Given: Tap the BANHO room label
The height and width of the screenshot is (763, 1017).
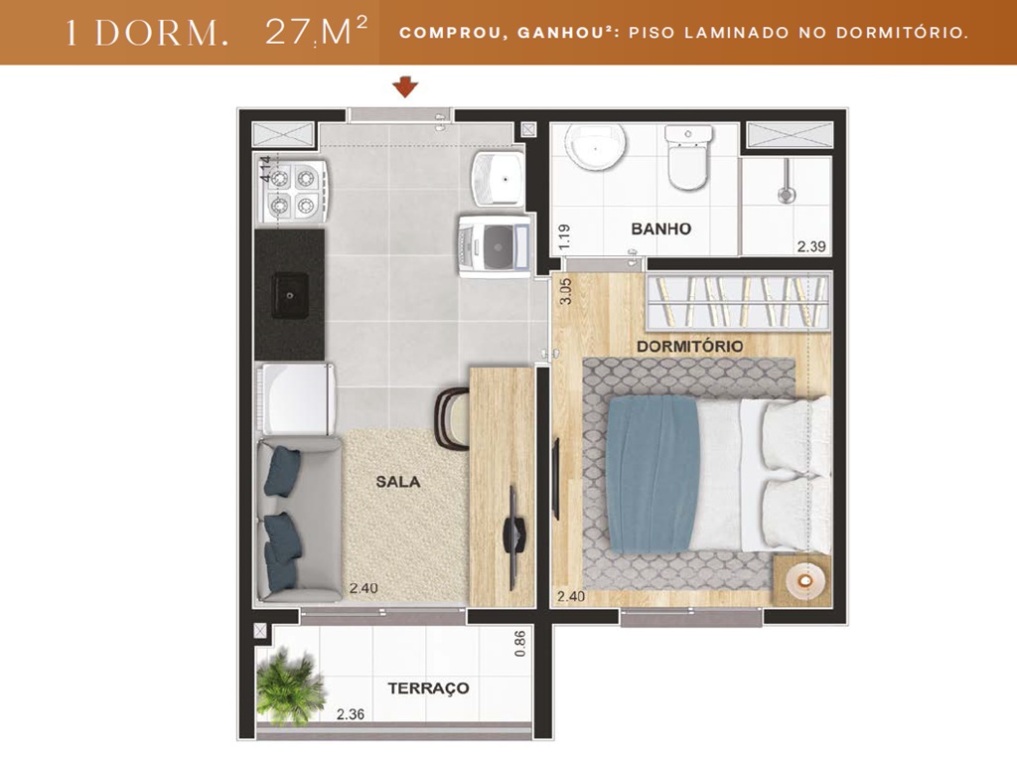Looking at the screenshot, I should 660,229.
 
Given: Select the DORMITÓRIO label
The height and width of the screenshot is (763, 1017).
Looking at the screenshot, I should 689,346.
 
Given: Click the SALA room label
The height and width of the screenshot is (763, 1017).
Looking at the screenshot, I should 397,482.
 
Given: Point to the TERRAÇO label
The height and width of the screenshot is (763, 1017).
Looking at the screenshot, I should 428,687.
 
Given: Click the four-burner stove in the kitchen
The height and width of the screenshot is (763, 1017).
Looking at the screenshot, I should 294,191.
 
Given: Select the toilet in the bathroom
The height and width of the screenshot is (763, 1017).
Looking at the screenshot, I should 687,158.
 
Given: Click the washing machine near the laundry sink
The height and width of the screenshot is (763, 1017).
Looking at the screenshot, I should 493,244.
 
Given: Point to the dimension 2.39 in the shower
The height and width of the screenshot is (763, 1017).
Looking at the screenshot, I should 810,248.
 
